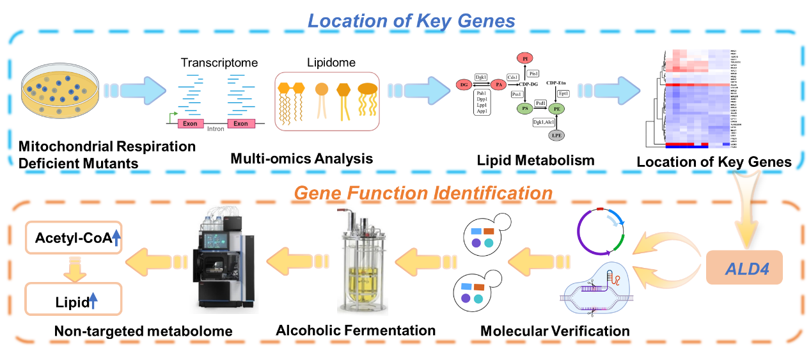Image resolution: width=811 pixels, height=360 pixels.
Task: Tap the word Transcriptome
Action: [x=219, y=63]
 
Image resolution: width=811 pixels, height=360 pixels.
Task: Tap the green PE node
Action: [x=557, y=109]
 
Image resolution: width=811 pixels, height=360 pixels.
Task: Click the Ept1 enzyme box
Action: [x=564, y=93]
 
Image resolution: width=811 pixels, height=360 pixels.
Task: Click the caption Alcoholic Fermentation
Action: [x=356, y=331]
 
